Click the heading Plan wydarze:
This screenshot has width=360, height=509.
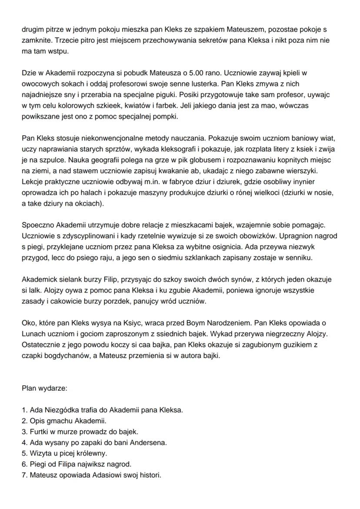44,387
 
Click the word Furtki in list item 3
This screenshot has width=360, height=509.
40,432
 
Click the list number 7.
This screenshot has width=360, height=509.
24,475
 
